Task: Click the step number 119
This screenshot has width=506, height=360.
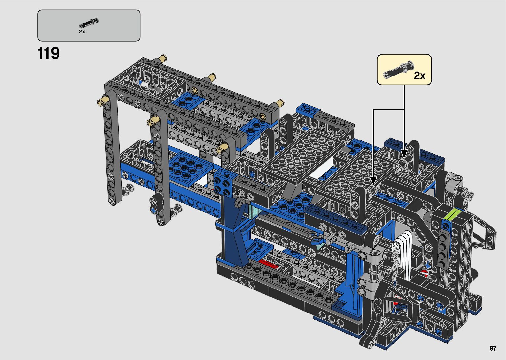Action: click(49, 53)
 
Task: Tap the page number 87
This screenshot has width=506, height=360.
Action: click(493, 348)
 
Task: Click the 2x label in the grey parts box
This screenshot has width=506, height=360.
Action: click(82, 32)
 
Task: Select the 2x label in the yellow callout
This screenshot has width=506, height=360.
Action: click(419, 75)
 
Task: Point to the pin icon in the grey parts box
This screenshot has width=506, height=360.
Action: click(89, 23)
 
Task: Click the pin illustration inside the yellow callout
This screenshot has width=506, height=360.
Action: click(399, 70)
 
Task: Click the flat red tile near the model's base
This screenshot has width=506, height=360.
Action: click(268, 264)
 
